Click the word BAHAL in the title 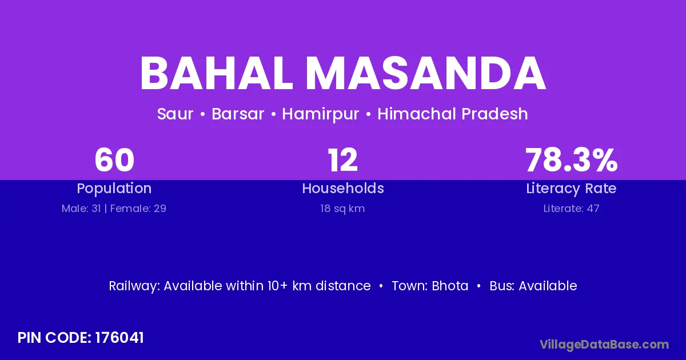(216, 73)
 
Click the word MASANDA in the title (426, 73)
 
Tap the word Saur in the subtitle (175, 114)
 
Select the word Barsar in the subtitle (238, 114)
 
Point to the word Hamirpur (320, 114)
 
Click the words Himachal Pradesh (453, 114)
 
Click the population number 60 (114, 160)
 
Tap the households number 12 (342, 160)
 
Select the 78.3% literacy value (572, 160)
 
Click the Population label (114, 189)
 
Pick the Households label (343, 188)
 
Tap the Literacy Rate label (571, 189)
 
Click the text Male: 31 (81, 209)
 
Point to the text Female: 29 (138, 209)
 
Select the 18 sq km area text (342, 209)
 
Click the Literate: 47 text (571, 209)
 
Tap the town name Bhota (450, 286)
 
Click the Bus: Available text (533, 286)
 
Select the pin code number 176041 (119, 338)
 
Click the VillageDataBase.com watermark (604, 345)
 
